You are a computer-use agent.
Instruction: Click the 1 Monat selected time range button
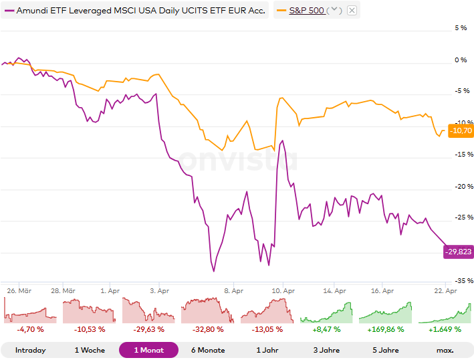click(x=148, y=350)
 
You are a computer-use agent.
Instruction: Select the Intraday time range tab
click(x=30, y=350)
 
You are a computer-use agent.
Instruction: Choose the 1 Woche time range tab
click(x=89, y=350)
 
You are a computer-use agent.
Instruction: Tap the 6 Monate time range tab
click(x=208, y=350)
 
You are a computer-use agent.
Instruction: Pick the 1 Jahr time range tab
click(x=267, y=350)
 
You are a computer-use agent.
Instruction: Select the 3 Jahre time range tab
click(x=326, y=350)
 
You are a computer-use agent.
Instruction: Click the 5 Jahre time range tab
click(x=386, y=350)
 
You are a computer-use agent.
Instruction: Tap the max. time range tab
click(x=445, y=350)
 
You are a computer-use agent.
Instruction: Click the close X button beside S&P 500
click(x=352, y=11)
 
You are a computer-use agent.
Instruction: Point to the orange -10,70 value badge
click(x=461, y=130)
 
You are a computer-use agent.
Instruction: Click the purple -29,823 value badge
click(x=459, y=252)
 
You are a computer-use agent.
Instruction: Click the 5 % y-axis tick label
click(x=461, y=28)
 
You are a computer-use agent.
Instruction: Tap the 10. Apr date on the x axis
click(x=283, y=291)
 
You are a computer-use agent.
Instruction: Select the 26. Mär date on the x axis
click(x=19, y=291)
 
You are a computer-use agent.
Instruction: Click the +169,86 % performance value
click(x=386, y=329)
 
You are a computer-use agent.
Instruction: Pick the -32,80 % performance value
click(x=208, y=329)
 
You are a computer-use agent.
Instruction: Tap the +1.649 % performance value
click(x=445, y=329)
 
